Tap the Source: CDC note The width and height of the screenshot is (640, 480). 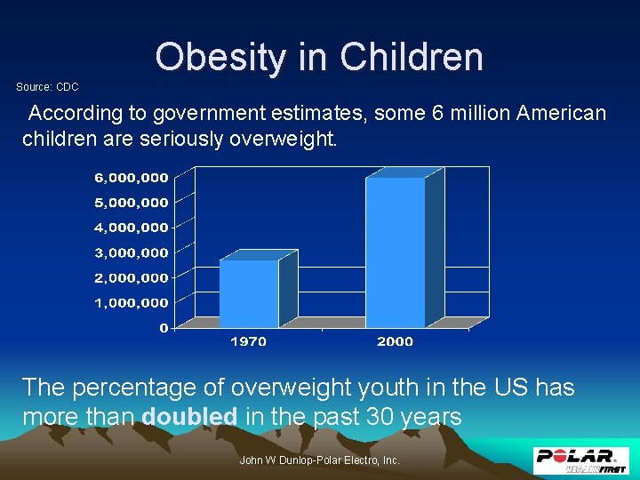[48, 87]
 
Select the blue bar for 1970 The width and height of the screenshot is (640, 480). [249, 293]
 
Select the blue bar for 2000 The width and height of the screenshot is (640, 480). [396, 252]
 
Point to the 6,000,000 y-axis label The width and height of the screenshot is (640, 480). [131, 177]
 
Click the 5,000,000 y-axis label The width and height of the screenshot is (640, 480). [131, 202]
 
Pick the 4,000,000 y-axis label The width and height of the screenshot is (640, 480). [131, 228]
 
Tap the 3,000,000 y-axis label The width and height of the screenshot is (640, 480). [131, 252]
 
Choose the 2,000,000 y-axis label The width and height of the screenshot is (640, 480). [131, 277]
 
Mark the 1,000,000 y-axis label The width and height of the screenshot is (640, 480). [131, 302]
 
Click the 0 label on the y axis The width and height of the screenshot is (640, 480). [163, 328]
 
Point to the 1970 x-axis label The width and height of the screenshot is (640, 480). [248, 340]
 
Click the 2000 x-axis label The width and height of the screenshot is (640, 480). [395, 340]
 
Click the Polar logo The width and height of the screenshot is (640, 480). [581, 460]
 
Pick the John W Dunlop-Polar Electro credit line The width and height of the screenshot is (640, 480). [320, 460]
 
